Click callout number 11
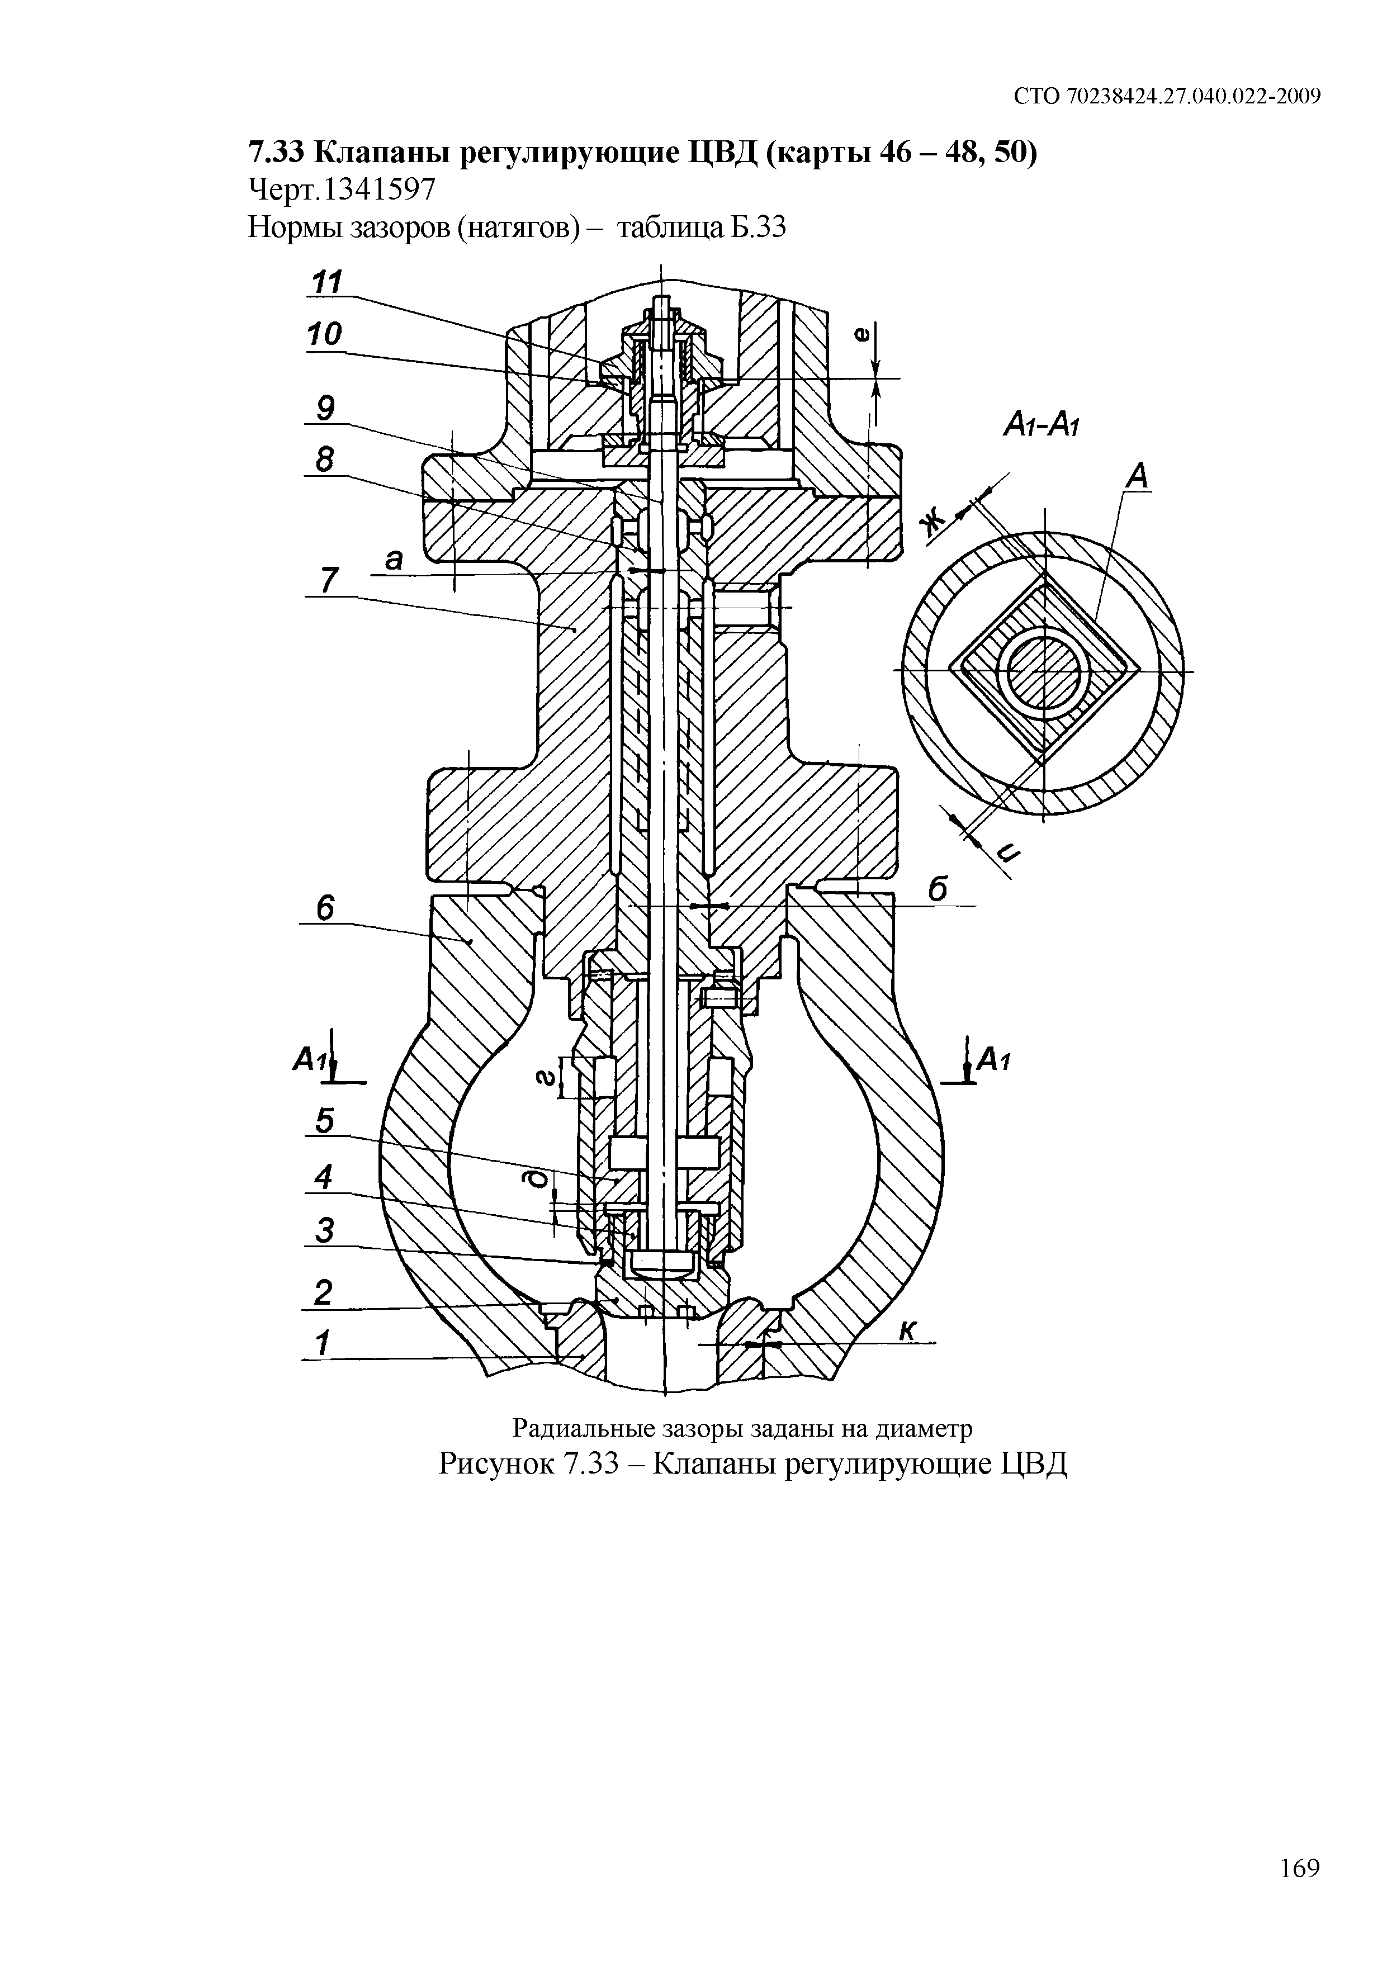pos(325,281)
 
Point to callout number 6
pos(325,908)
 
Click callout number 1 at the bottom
pos(322,1343)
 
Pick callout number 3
pos(324,1231)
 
